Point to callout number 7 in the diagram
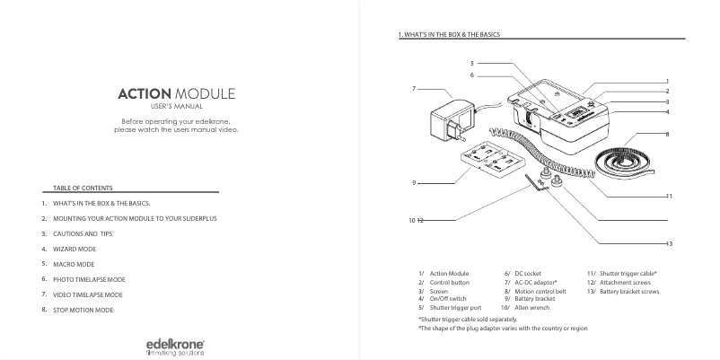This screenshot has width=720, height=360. tap(414, 89)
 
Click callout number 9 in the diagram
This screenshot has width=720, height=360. tap(414, 182)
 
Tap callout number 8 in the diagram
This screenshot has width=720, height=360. tap(668, 134)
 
